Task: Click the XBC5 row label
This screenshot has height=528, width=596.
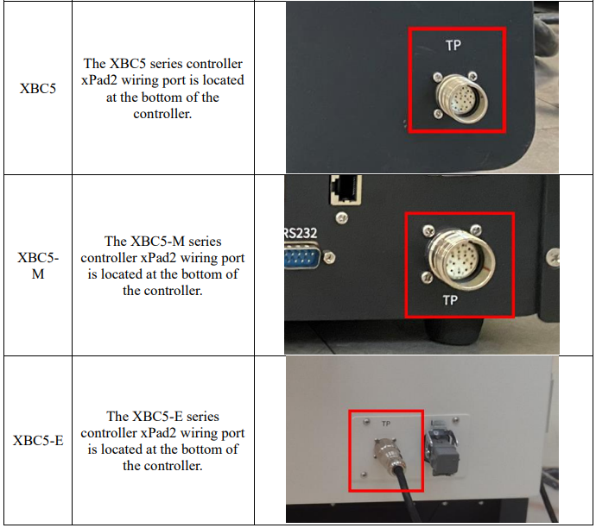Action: (x=38, y=89)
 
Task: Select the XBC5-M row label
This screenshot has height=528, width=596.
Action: (x=38, y=266)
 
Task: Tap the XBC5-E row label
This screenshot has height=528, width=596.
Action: (x=38, y=440)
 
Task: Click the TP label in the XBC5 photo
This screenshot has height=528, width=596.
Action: (x=453, y=46)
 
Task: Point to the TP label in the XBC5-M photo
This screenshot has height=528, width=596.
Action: (x=450, y=300)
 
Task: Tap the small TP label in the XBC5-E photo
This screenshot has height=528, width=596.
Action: (x=386, y=424)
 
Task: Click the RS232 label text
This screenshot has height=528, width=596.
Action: (x=301, y=233)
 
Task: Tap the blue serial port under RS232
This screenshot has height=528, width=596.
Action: (x=302, y=258)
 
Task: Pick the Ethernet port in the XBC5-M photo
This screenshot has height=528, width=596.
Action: (x=346, y=190)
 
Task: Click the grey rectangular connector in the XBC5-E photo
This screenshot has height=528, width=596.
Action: (x=443, y=447)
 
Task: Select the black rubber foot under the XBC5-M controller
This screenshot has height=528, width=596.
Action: (x=454, y=331)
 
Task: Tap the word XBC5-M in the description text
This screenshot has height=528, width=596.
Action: (x=157, y=242)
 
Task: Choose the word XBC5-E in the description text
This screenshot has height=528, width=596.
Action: (x=156, y=417)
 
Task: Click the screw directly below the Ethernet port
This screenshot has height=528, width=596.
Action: (x=342, y=217)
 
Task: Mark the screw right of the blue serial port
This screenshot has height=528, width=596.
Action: (x=330, y=258)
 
